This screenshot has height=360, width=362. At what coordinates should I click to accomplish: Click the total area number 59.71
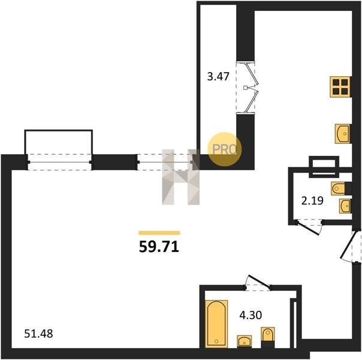[159, 247]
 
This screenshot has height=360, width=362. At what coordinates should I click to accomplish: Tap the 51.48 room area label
[38, 334]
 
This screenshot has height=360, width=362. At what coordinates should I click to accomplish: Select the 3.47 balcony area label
[218, 76]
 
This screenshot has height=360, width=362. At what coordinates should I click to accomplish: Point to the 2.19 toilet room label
[312, 200]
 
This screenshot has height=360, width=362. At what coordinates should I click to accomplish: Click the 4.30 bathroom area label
[251, 315]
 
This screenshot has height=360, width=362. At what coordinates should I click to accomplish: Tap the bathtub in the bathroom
[216, 323]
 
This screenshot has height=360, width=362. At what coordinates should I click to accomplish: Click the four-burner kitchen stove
[340, 86]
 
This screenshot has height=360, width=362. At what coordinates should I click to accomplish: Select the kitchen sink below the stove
[343, 134]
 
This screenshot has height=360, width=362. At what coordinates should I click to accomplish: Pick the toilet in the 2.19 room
[341, 188]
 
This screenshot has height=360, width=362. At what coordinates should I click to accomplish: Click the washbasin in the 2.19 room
[345, 206]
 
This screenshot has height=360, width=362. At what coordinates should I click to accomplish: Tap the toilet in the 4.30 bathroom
[268, 337]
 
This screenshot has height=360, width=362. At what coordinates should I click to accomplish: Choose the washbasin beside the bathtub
[245, 341]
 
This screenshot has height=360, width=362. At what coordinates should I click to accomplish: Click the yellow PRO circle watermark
[224, 149]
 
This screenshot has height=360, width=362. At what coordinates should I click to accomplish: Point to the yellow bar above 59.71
[159, 233]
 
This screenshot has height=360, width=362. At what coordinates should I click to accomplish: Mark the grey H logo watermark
[181, 177]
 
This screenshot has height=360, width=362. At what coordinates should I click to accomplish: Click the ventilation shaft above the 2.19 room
[324, 167]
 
